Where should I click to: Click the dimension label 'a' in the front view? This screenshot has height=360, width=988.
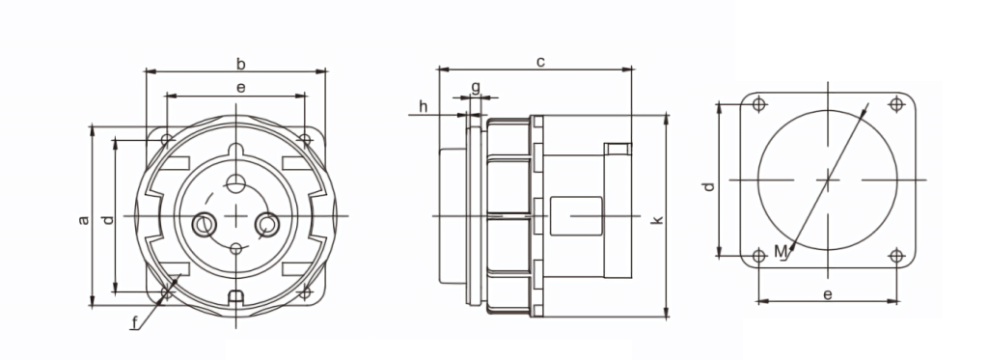83,219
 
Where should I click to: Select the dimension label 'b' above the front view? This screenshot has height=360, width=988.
240,64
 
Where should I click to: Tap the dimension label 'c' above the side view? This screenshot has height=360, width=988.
540,62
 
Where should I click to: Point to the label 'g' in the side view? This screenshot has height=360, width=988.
476,86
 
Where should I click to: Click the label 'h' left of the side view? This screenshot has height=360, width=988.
423,106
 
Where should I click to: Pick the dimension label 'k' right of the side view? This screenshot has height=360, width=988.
657,219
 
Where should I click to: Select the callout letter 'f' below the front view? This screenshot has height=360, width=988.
134,323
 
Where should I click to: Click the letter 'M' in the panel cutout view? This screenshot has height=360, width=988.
781,252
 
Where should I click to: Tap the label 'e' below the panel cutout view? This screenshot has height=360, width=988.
828,294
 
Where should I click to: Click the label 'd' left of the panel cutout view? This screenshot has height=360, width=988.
709,186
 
